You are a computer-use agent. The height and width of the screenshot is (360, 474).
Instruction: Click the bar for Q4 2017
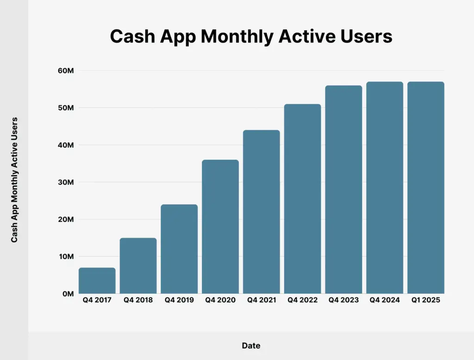[97, 280]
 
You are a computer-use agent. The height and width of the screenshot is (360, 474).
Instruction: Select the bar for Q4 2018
[138, 266]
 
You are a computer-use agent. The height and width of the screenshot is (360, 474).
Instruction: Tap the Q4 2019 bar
[179, 249]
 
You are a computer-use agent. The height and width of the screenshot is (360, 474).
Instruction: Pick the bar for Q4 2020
[220, 227]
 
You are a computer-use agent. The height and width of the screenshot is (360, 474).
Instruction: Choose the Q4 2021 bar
[262, 212]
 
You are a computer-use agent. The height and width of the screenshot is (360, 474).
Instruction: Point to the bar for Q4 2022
[302, 199]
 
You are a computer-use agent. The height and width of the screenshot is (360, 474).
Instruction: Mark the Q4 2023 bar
[343, 190]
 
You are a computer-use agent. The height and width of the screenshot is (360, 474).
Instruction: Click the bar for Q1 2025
[426, 188]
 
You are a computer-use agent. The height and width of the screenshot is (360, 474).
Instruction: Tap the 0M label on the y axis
[67, 294]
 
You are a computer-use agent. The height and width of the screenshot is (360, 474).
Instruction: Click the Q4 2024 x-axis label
[385, 300]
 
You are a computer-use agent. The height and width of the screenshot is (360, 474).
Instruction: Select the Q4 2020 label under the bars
[220, 300]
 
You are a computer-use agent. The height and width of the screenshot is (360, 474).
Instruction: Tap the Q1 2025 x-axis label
[426, 300]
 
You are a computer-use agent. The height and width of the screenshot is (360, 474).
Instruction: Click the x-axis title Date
[251, 346]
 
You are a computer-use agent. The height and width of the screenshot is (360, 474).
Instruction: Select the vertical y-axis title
[14, 180]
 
